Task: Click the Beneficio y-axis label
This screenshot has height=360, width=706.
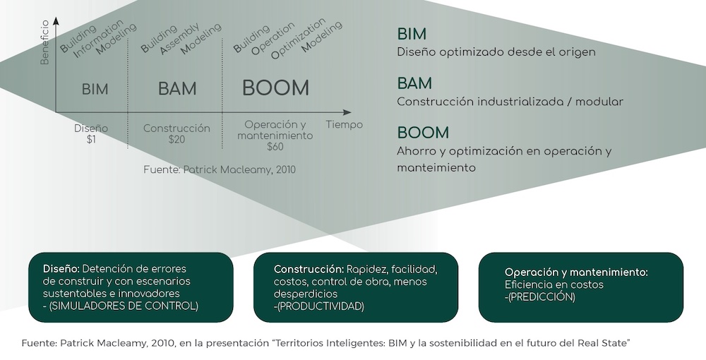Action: [44, 43]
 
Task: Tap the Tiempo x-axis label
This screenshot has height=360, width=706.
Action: [344, 125]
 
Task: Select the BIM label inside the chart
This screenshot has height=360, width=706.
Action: [95, 89]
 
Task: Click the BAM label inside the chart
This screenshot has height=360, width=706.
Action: [177, 89]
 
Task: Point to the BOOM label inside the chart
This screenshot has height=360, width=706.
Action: [275, 88]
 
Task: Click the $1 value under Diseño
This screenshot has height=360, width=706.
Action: [91, 140]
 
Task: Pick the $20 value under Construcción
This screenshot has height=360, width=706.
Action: [176, 140]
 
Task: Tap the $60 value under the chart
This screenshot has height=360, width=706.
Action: [275, 146]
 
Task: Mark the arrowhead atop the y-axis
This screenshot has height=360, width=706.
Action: [56, 21]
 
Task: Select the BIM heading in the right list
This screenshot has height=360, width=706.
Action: [412, 34]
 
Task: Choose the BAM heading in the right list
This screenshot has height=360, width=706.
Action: [414, 83]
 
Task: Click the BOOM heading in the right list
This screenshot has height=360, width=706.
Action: [423, 133]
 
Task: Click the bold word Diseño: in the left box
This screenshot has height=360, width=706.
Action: [61, 269]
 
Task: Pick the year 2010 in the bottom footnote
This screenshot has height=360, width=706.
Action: [164, 343]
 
